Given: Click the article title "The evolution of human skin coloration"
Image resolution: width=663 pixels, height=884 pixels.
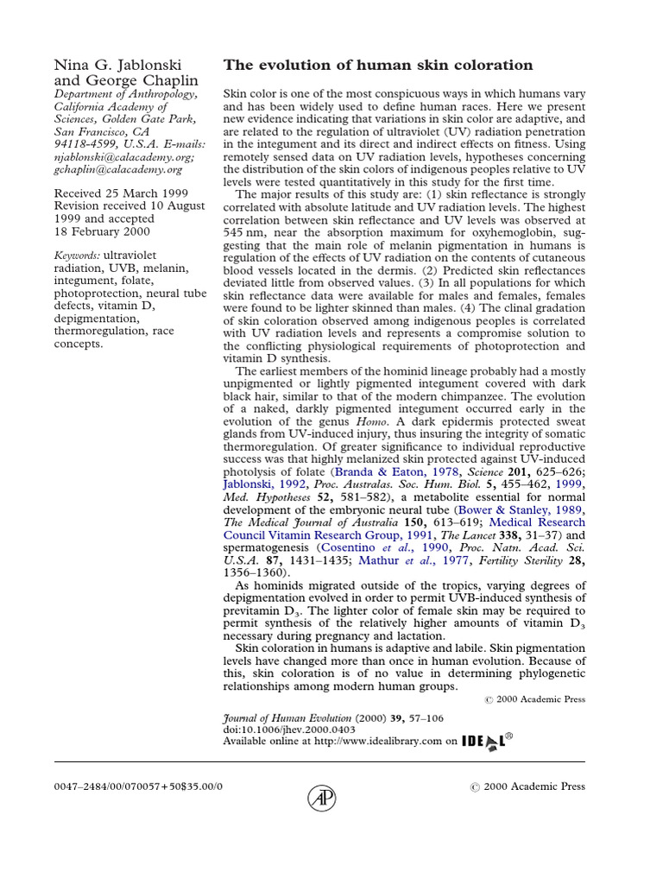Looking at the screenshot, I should click(x=378, y=66).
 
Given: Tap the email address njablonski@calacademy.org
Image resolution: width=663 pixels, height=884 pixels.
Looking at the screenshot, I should click(x=124, y=158).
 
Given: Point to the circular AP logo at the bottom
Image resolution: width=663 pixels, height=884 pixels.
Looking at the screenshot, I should click(x=322, y=799).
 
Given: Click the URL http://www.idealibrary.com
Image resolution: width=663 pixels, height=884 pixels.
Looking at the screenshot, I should click(x=377, y=741).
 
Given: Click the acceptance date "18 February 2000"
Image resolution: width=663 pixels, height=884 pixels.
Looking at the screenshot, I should click(x=102, y=231).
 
